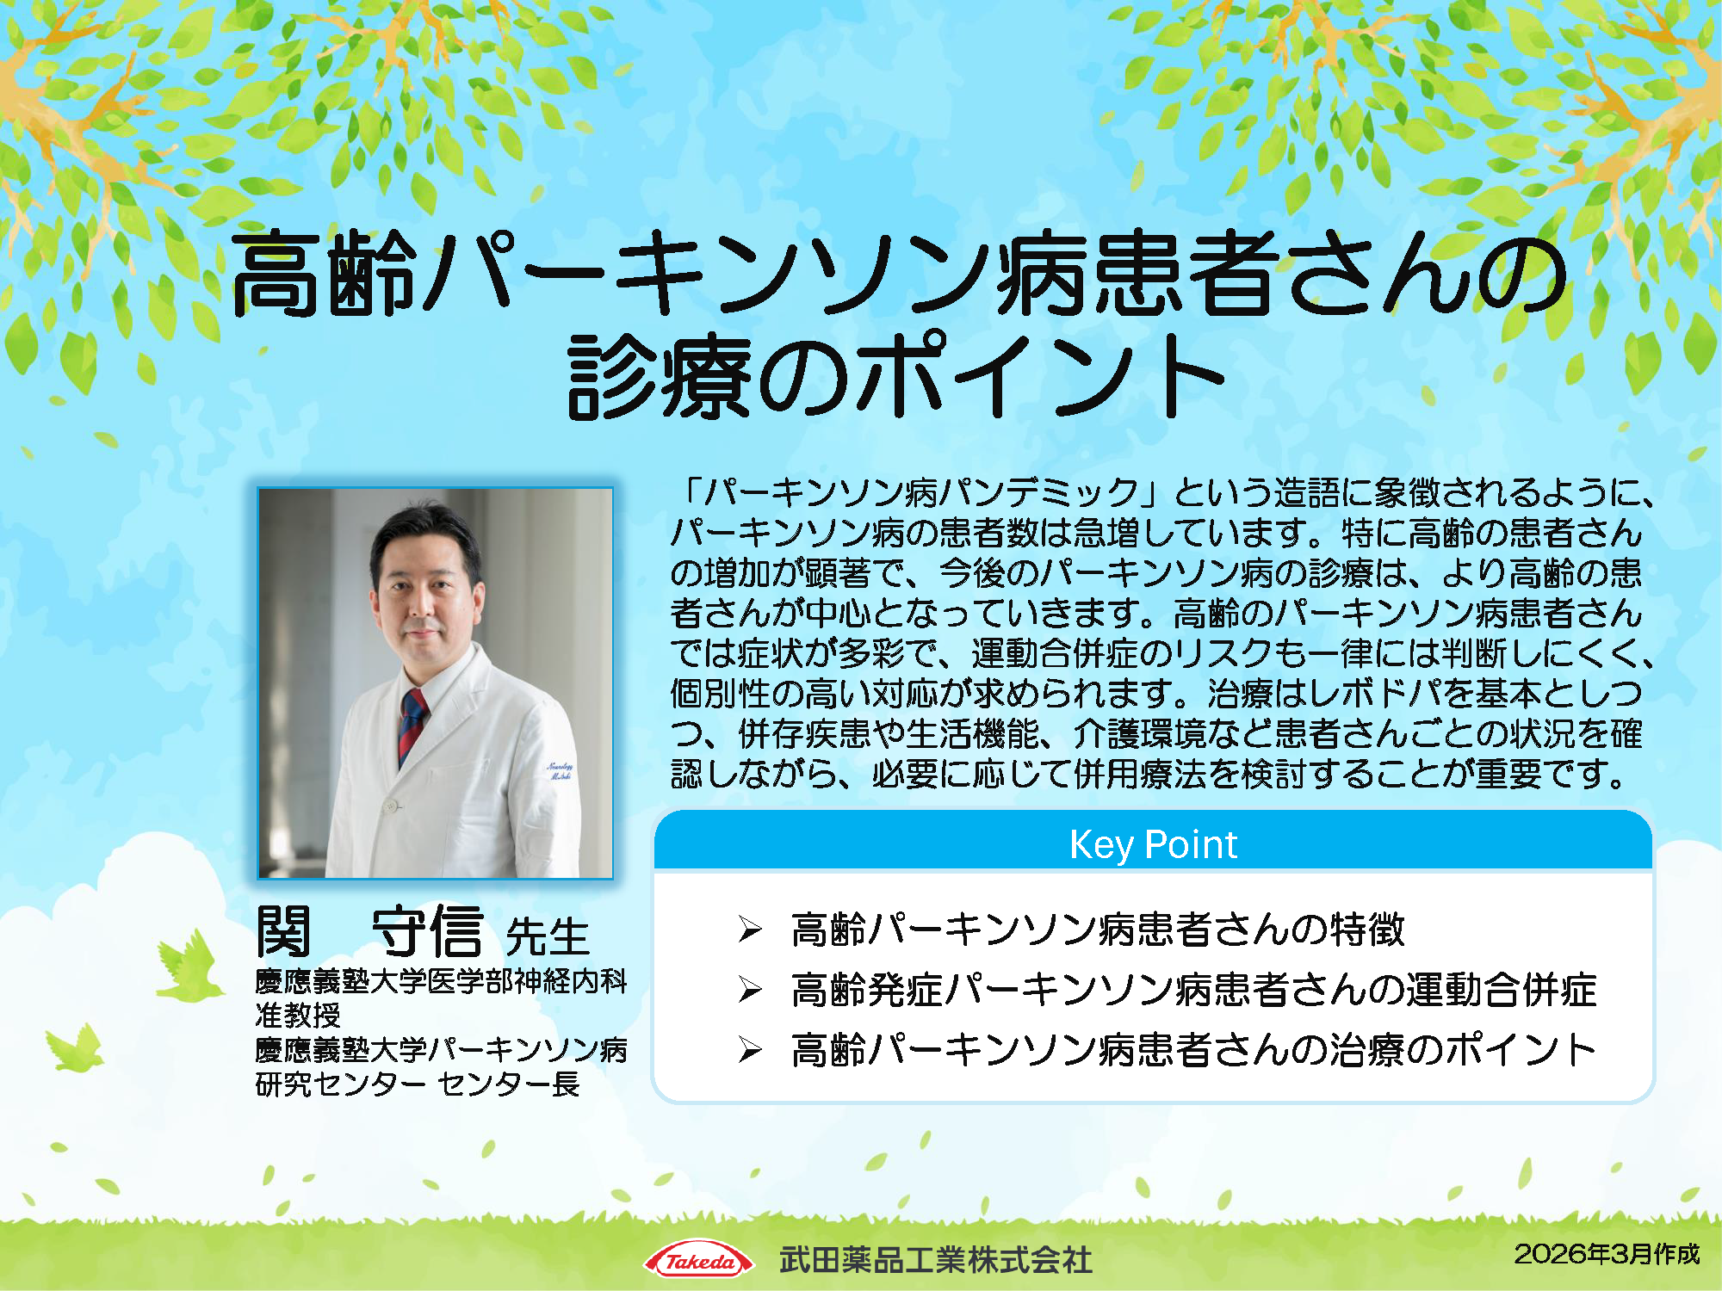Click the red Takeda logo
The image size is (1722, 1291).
click(698, 1262)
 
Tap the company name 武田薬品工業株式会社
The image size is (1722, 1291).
click(935, 1261)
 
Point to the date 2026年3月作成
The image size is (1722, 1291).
click(1607, 1254)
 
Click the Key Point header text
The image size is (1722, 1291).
click(1153, 844)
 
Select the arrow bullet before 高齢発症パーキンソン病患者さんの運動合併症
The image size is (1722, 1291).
click(750, 990)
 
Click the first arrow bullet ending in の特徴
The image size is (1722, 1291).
click(750, 930)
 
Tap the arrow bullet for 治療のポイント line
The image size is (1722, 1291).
click(750, 1050)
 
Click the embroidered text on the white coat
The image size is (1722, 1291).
click(560, 770)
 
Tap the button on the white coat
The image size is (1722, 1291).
click(392, 806)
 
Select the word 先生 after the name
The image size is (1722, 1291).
click(548, 936)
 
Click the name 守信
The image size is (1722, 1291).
click(427, 931)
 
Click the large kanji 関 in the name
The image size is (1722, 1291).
click(283, 931)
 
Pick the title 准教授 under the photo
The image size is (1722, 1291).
click(298, 1016)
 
